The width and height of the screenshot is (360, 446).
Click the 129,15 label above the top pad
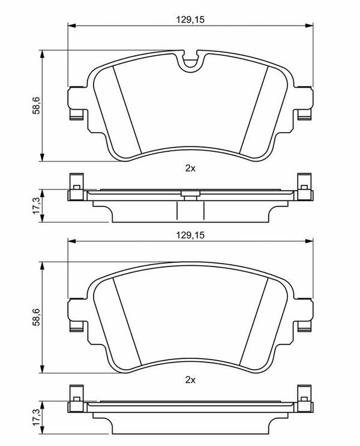(x=190, y=20)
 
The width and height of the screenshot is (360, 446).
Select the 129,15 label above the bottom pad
(x=190, y=235)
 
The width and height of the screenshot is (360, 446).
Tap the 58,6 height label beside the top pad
(x=37, y=106)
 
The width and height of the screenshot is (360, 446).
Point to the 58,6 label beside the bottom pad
(x=37, y=317)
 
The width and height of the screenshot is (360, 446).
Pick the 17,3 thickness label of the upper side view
(x=37, y=206)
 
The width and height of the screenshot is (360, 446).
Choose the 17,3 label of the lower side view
(x=37, y=418)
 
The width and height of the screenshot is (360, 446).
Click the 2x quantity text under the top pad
(x=190, y=169)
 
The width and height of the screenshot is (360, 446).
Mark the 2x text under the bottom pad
(x=190, y=380)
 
